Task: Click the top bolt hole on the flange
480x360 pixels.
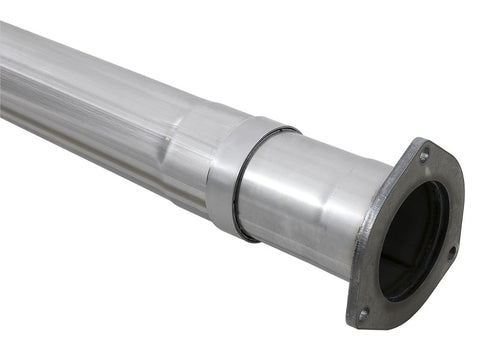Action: [x=424, y=156]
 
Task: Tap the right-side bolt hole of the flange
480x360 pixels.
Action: [x=452, y=251]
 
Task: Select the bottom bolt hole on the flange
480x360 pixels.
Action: [x=363, y=313]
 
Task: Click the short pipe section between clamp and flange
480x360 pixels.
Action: [x=300, y=200]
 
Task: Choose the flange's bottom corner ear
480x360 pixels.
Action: [x=360, y=320]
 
